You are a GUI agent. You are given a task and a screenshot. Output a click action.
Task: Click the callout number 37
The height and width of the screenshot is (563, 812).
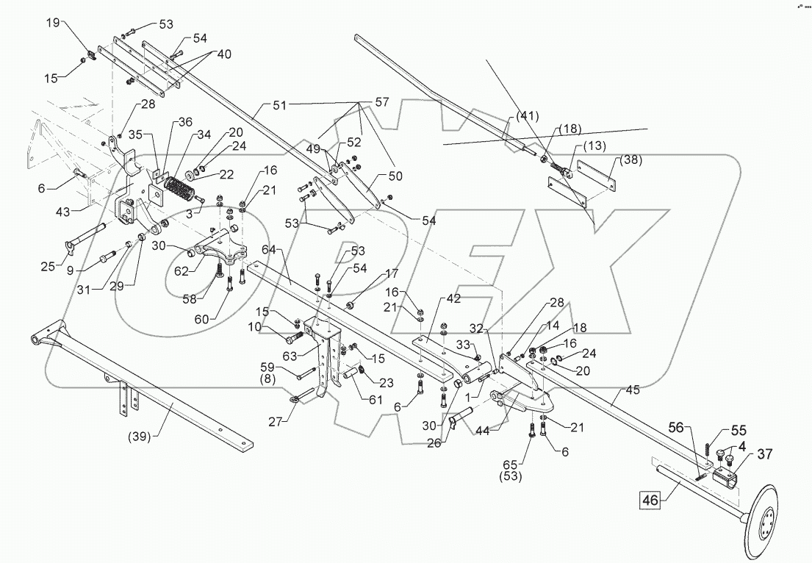coord(764,453)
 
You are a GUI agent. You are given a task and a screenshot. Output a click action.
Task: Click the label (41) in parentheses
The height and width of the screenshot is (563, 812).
coord(527,115)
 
